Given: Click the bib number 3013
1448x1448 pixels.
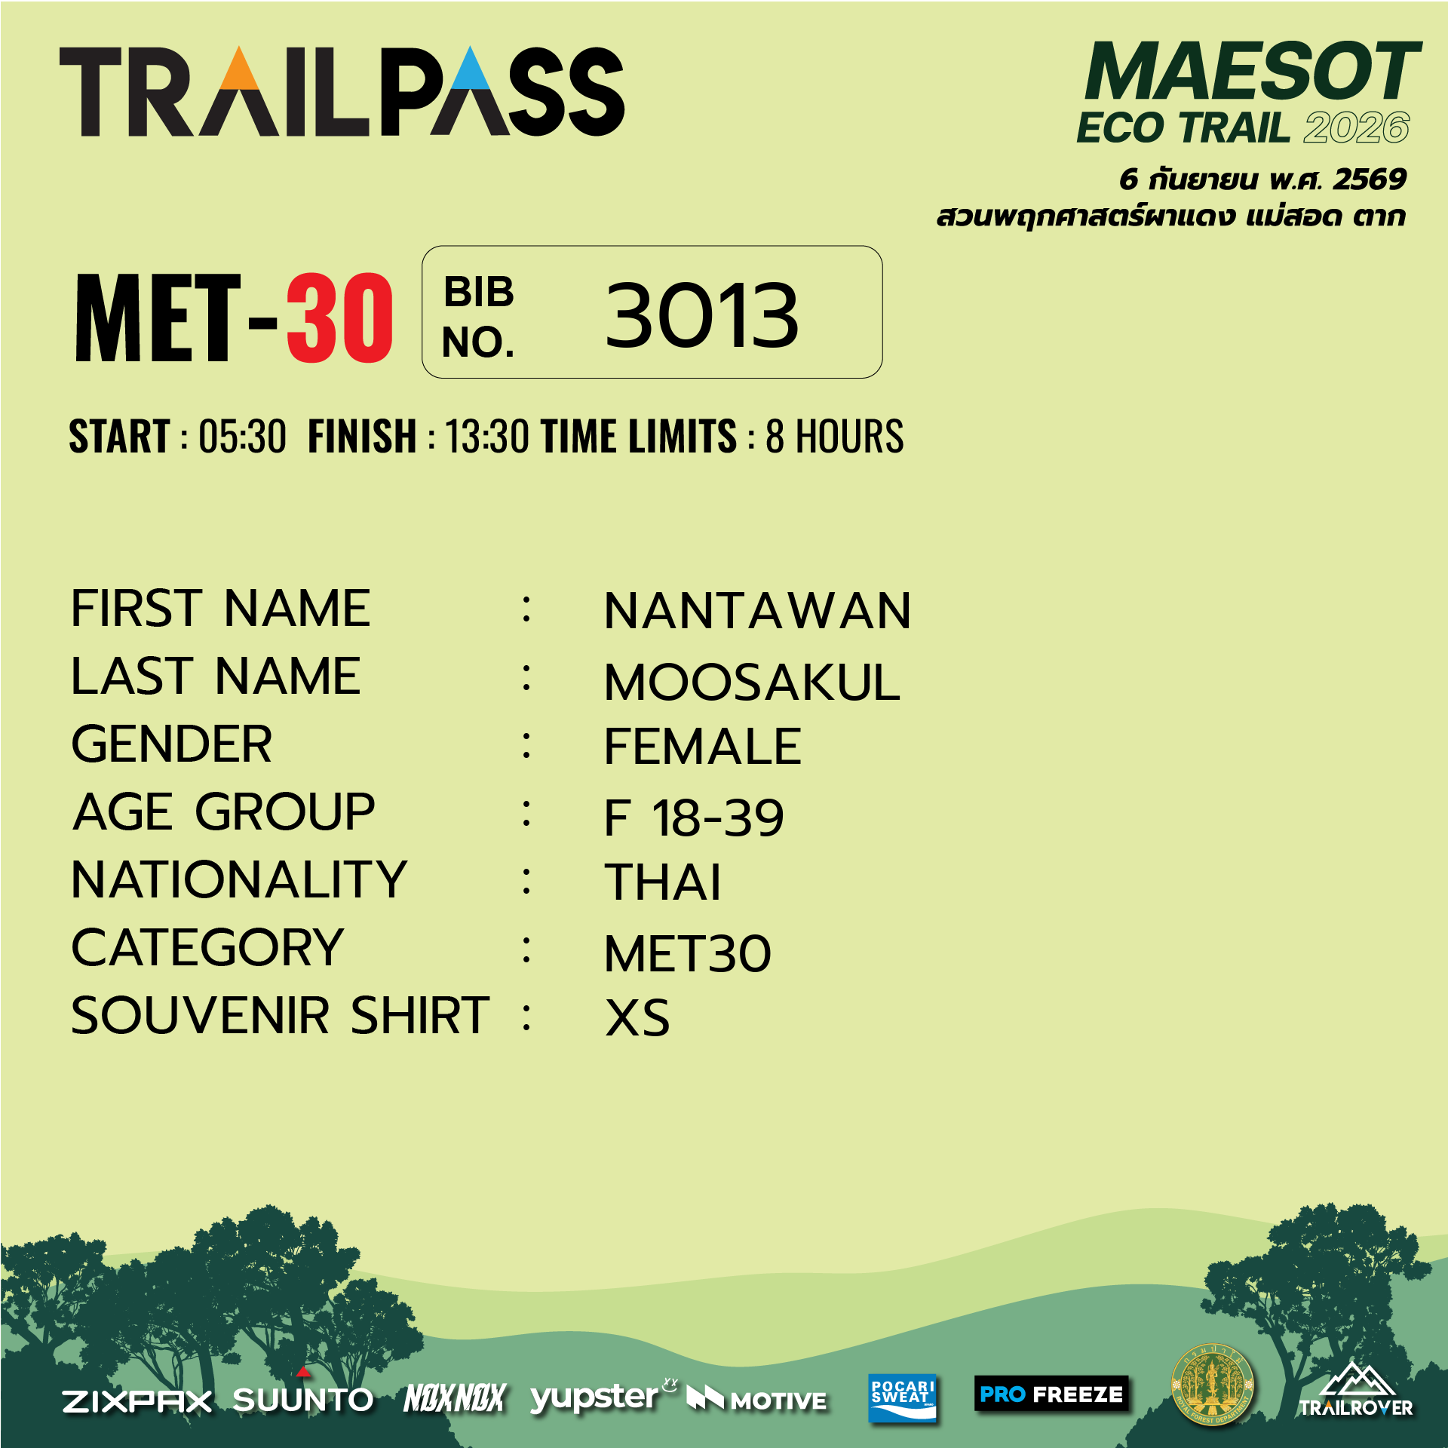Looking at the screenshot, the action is (701, 314).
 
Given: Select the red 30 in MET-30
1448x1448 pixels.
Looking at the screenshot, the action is (339, 318).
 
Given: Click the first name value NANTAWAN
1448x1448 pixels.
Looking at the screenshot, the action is (757, 611).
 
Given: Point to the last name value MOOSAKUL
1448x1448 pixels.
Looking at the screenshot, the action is (752, 683).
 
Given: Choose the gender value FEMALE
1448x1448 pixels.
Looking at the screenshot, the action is (703, 747).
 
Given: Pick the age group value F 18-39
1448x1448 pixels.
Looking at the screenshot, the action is (694, 818).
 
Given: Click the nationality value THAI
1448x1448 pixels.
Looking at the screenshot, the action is (663, 882).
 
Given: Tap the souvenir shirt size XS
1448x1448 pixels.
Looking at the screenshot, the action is (637, 1018).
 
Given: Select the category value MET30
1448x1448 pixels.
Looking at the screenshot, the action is (688, 954).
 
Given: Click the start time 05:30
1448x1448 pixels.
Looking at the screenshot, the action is (242, 437).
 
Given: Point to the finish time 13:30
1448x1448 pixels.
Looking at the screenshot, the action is (487, 437).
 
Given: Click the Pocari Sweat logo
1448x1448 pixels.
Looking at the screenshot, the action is (902, 1397).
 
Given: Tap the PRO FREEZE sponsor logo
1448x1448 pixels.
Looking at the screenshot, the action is (1051, 1394).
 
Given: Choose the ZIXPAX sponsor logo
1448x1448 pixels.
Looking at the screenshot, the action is (137, 1401).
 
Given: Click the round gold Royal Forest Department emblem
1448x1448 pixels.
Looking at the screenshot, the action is (1212, 1386).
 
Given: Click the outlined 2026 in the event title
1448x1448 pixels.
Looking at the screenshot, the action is (1357, 127).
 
